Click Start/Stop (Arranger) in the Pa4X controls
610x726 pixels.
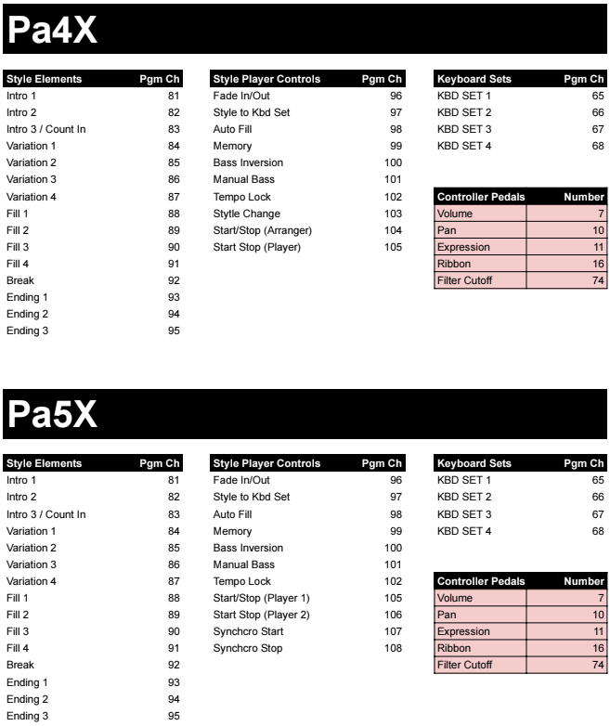(x=262, y=230)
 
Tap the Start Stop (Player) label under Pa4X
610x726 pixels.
(x=257, y=247)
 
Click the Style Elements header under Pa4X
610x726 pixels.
(x=45, y=79)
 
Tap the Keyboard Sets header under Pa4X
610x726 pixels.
(x=472, y=79)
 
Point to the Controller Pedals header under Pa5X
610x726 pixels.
(x=480, y=582)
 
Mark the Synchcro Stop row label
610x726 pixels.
(x=246, y=649)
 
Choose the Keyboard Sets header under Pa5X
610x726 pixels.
(x=472, y=463)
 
